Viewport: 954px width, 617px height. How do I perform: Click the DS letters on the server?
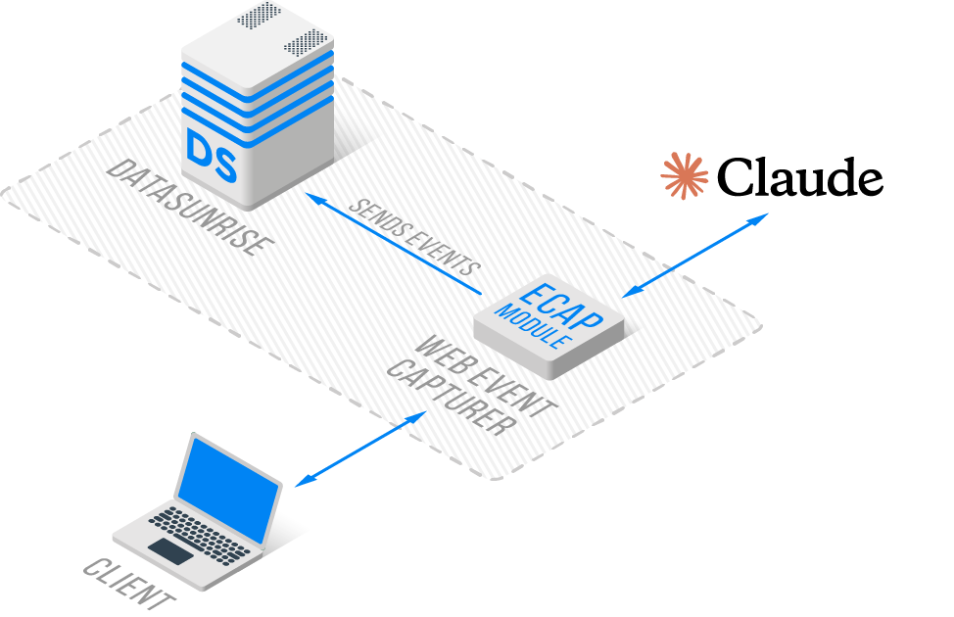[212, 158]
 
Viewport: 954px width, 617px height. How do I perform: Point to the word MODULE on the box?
[534, 327]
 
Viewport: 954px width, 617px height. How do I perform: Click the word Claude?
[800, 178]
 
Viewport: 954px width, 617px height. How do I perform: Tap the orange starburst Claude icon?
[684, 176]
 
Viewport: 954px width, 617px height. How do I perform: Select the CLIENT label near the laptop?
[129, 585]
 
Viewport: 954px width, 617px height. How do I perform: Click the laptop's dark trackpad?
[169, 550]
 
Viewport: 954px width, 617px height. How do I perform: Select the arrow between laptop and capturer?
[360, 448]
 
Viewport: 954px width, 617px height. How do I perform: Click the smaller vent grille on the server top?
[258, 15]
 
